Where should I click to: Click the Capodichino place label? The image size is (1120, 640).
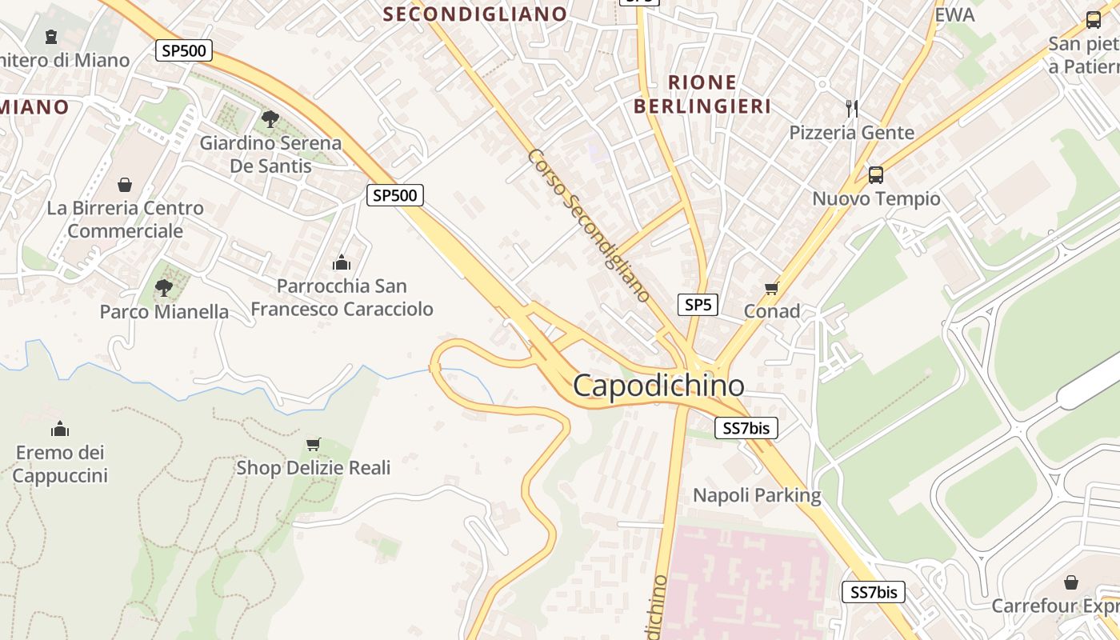[658, 386]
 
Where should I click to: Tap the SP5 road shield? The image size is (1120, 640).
[698, 304]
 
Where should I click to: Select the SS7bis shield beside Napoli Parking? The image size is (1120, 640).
[746, 428]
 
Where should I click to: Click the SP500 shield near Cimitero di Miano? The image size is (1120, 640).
[184, 51]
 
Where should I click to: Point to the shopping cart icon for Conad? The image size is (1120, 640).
[771, 288]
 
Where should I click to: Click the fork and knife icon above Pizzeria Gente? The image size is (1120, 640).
[851, 108]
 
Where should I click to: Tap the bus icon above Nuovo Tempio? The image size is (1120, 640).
[876, 174]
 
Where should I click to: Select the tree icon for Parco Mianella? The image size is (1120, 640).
[164, 287]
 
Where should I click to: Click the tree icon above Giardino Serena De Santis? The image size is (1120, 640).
[270, 119]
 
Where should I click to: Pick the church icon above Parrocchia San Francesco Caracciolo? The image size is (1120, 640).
[342, 262]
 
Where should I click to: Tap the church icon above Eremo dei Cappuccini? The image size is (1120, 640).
[60, 429]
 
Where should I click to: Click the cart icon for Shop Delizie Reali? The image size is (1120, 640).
[314, 444]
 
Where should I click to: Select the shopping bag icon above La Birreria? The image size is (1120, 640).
[125, 185]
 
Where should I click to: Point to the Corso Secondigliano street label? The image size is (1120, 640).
[589, 226]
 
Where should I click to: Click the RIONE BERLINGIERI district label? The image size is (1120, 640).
[702, 94]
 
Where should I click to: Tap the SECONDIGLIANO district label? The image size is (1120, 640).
[475, 14]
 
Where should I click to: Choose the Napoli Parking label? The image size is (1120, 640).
[757, 495]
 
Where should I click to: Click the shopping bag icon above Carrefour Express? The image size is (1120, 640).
[1070, 582]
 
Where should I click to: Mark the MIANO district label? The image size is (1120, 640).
[34, 106]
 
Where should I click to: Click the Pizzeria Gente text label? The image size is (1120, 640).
[851, 132]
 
